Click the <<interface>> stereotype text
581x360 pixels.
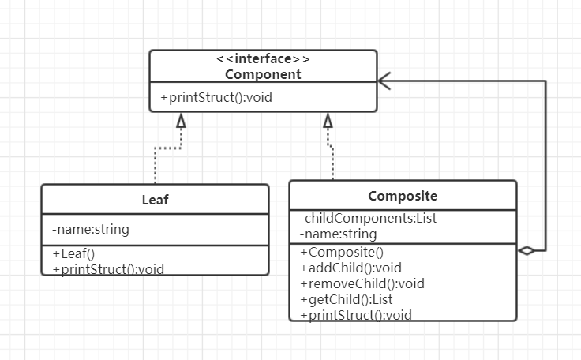click(263, 60)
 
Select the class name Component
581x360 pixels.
click(263, 75)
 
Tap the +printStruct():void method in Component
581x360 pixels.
click(216, 98)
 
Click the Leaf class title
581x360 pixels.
click(155, 200)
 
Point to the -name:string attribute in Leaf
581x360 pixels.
click(91, 230)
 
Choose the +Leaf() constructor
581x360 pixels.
click(73, 253)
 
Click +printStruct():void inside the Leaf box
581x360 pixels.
click(108, 268)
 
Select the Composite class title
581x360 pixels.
click(403, 195)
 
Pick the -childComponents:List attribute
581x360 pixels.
click(369, 219)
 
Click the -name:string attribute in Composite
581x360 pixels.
click(339, 234)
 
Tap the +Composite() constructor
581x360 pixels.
click(341, 253)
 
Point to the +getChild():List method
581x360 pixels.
click(347, 299)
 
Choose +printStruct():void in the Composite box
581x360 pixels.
click(356, 315)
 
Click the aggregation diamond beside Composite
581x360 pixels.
click(527, 251)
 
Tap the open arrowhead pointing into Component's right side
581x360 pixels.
click(384, 80)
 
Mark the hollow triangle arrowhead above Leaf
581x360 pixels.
click(181, 121)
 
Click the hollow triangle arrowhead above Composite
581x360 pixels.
click(328, 121)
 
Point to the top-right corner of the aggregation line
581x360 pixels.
click(545, 80)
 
